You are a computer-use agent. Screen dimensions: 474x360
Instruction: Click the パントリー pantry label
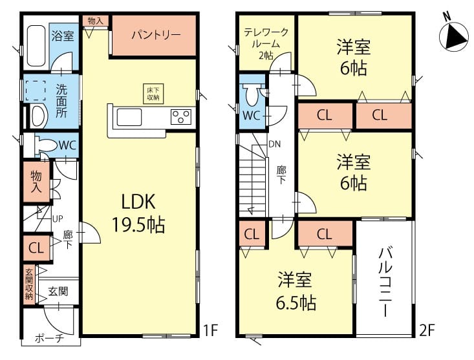(156, 36)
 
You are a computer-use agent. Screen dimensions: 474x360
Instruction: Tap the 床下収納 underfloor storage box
(153, 94)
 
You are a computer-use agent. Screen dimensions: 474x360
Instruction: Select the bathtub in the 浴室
(36, 46)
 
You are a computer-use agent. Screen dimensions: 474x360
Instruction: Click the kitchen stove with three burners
(181, 116)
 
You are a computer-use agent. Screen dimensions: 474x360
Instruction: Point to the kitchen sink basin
(129, 117)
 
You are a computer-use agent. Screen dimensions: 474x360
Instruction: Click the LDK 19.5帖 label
(138, 213)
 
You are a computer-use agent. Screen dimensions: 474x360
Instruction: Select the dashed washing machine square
(36, 90)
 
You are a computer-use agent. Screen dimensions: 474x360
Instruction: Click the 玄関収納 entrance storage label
(29, 284)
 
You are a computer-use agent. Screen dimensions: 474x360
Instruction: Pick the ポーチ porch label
(50, 338)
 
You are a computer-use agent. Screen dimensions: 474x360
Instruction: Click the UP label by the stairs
(58, 218)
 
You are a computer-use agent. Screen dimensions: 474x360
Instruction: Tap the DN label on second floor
(274, 144)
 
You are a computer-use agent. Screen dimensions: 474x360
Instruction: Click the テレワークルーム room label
(266, 44)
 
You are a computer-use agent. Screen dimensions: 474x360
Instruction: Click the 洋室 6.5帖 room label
(296, 291)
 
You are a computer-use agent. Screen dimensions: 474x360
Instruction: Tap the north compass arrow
(453, 37)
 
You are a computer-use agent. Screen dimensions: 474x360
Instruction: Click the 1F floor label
(210, 330)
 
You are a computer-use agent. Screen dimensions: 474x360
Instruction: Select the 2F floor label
(427, 330)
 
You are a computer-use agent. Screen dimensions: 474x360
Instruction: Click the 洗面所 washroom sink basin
(39, 116)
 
